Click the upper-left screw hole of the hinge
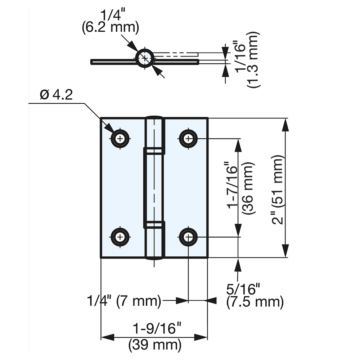(x=120, y=138)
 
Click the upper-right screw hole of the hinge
(x=188, y=138)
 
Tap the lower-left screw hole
(x=120, y=237)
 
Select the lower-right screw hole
(x=188, y=237)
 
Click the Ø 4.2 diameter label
(x=56, y=95)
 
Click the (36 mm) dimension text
(x=248, y=188)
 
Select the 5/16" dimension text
(x=248, y=288)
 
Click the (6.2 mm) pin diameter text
(x=110, y=27)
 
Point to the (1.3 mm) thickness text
(x=253, y=60)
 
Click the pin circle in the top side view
(x=145, y=58)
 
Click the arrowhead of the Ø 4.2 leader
(x=109, y=128)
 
